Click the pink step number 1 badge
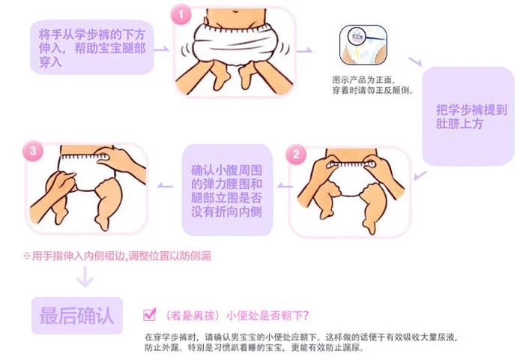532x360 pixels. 181,14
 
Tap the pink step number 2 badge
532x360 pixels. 296,154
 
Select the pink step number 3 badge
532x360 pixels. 33,151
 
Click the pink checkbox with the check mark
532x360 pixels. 150,314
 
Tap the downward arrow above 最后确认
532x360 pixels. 85,277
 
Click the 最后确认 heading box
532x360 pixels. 77,316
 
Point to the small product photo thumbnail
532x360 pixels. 363,45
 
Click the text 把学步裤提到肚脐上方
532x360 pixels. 471,116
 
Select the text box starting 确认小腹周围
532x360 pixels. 227,190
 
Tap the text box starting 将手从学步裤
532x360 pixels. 92,47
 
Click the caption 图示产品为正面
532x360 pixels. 363,79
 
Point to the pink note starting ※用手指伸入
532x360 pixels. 117,256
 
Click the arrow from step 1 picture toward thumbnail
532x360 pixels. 304,50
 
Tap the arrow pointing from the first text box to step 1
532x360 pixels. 162,49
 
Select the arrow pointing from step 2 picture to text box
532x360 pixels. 285,185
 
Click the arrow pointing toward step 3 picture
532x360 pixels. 165,185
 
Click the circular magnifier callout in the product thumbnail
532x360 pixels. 357,36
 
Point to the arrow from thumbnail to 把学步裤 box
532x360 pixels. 415,61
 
